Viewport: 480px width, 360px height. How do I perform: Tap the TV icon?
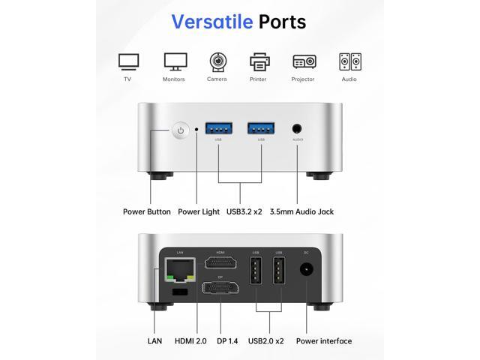128,61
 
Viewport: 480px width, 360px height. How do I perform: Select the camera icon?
217,61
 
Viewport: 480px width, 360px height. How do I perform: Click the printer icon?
259,61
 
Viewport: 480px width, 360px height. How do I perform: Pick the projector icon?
304,61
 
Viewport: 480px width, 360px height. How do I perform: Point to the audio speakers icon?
349,61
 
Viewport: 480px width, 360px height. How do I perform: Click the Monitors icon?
175,61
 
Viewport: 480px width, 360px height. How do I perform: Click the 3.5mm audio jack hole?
298,129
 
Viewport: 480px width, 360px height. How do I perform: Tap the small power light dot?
196,130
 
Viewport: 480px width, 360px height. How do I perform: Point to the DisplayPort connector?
220,288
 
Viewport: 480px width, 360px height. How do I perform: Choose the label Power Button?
147,211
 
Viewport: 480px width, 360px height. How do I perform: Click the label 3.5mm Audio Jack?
301,211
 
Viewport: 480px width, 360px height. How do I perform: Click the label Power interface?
324,341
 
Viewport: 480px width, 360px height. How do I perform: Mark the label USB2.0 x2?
266,341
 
